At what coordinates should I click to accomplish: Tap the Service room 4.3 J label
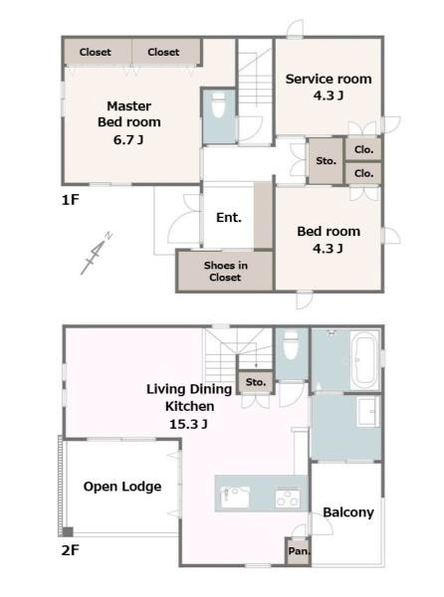click(329, 87)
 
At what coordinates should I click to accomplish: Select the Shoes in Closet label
click(225, 271)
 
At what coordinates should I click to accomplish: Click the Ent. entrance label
click(229, 217)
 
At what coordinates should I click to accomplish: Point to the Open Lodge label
click(122, 487)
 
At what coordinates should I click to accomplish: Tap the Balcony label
click(348, 512)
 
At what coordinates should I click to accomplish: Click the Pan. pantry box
click(299, 550)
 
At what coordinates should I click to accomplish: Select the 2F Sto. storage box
click(256, 382)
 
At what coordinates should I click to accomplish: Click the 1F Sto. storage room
click(326, 161)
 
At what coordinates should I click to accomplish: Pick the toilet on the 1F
click(219, 104)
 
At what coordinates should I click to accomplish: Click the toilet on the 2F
click(292, 345)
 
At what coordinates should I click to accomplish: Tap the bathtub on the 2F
click(364, 360)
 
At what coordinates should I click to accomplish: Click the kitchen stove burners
click(288, 498)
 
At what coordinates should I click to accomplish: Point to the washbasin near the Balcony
click(367, 412)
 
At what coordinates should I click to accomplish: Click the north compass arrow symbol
click(97, 253)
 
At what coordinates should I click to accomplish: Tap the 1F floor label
click(70, 200)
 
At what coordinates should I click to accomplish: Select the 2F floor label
click(71, 550)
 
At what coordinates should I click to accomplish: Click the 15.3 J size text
click(188, 424)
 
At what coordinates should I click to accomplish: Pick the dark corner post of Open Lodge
click(68, 532)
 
